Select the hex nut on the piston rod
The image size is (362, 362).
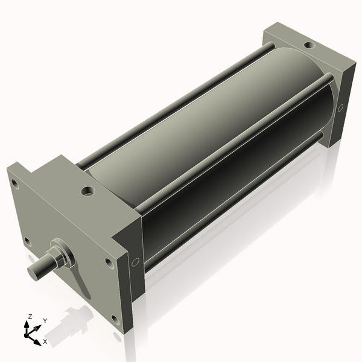click(61, 253)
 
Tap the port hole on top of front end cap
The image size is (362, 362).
click(89, 192)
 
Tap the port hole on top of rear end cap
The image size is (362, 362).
click(309, 45)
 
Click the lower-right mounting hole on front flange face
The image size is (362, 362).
click(114, 318)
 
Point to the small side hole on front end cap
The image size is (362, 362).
click(135, 262)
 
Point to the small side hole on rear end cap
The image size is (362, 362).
click(340, 108)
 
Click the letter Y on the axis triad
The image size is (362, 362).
click(45, 321)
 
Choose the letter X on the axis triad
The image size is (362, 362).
click(45, 341)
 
